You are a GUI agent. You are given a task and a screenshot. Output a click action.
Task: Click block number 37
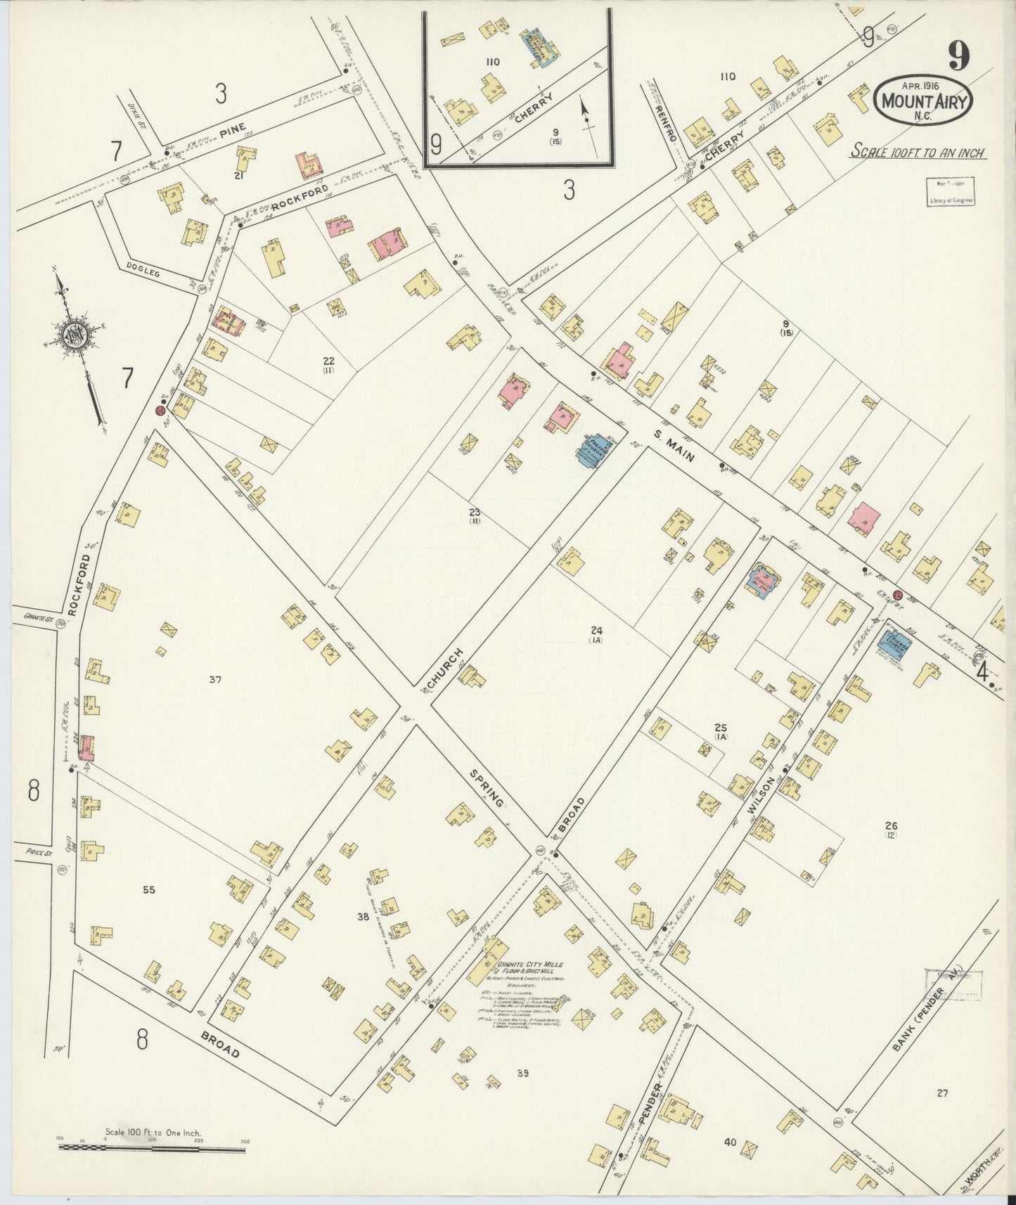point(216,679)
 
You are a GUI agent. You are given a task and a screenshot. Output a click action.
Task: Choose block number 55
point(148,890)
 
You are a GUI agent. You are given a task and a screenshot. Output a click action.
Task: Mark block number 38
point(363,917)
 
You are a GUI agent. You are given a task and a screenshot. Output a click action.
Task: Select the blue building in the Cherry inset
point(539,47)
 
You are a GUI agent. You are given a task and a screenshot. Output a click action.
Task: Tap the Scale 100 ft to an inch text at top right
point(918,152)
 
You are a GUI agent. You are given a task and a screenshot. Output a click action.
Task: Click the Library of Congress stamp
point(949,191)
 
